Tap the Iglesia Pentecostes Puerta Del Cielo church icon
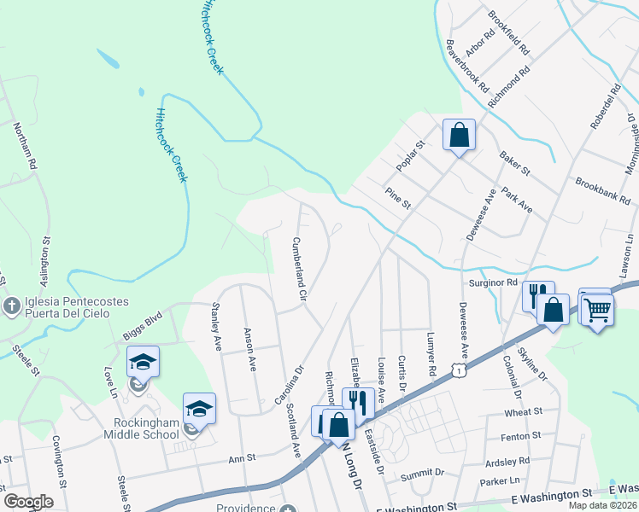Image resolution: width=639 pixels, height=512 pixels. (x=13, y=305)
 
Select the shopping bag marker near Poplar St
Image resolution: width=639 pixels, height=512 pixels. (x=459, y=136)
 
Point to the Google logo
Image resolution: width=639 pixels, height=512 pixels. (x=28, y=502)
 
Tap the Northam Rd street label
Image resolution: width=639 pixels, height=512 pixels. (x=26, y=146)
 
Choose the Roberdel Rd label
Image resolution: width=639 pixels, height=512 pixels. (x=604, y=107)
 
